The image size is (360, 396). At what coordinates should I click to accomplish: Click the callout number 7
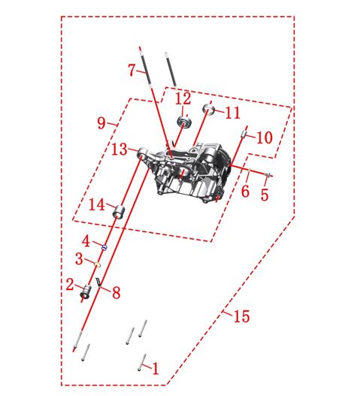pos(132,70)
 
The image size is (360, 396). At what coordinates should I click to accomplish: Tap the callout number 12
pos(183,98)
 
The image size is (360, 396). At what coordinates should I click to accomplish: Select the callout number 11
pos(232,113)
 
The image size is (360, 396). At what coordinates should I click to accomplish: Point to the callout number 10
pos(265,138)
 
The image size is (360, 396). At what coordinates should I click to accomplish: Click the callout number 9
pos(101,123)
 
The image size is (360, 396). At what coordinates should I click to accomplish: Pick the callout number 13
pos(119,150)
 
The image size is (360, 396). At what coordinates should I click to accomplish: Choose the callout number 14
pos(97,204)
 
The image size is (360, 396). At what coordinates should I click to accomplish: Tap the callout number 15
pos(242,316)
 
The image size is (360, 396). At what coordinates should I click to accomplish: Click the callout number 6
pos(245,192)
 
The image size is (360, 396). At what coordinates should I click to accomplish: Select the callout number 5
pos(265,195)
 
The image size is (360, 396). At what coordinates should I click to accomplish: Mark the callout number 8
pos(116,293)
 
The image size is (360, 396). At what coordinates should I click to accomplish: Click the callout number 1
pos(156,368)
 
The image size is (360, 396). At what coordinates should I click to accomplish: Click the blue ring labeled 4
pos(104,248)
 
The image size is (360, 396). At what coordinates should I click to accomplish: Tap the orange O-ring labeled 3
pos(98,265)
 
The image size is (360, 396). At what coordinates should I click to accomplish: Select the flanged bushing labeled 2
pos(86,292)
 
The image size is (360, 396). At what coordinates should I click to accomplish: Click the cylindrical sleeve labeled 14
pos(119,212)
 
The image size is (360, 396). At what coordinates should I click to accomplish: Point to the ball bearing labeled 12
pos(184,122)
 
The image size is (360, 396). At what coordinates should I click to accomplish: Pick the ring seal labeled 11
pos(209,109)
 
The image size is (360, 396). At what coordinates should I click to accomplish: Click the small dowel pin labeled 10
pos(244,134)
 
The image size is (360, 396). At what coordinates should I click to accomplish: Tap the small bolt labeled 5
pos(268,175)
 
